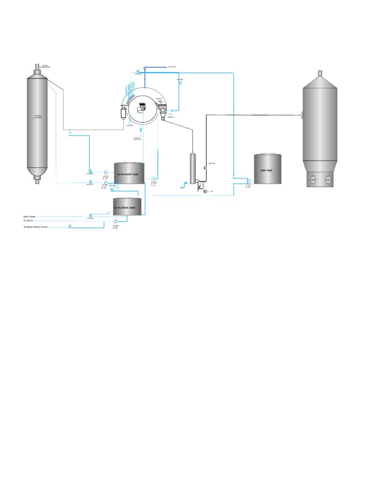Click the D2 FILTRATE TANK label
click(128, 174)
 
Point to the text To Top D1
click(30, 221)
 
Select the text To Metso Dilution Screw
click(35, 227)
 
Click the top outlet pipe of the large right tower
click(320, 74)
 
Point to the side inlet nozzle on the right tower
click(301, 115)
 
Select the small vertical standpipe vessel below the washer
click(192, 167)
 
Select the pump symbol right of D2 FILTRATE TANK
click(155, 178)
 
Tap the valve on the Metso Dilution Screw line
click(70, 226)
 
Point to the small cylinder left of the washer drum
click(123, 114)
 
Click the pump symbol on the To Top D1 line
click(116, 221)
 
